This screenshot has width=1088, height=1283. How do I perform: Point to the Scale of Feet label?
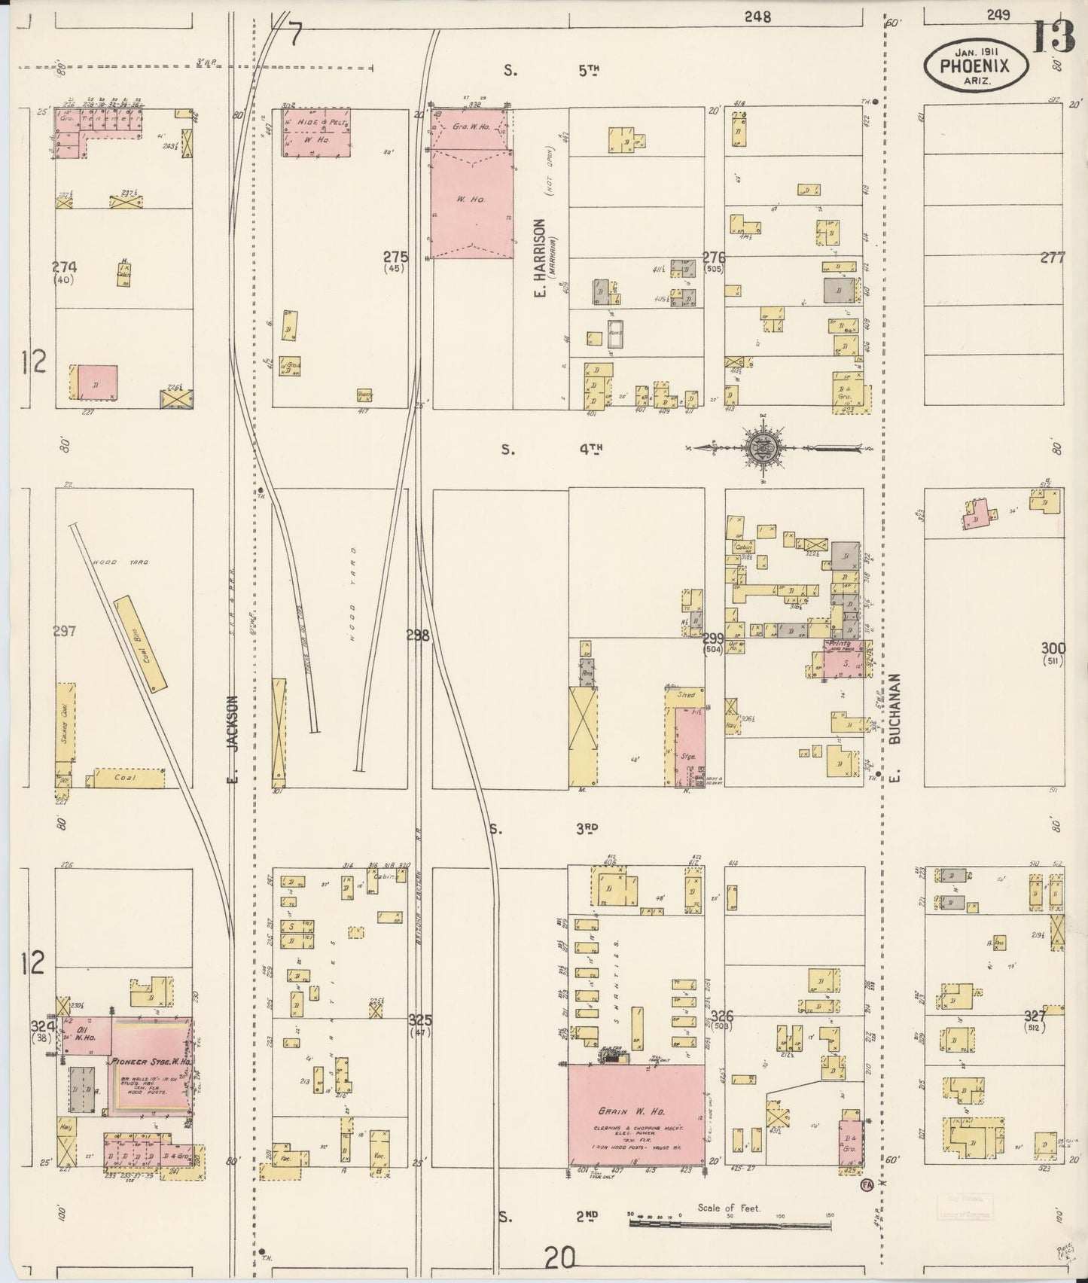(x=729, y=1208)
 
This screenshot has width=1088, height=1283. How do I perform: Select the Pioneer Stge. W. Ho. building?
(x=151, y=1065)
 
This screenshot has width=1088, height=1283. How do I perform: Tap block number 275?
(x=395, y=256)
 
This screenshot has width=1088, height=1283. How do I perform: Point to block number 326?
(x=722, y=1017)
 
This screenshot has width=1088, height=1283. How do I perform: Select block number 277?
(x=1053, y=258)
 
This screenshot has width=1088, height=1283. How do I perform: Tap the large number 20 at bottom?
(x=560, y=1257)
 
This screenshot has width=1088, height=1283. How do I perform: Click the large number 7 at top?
(x=294, y=34)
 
